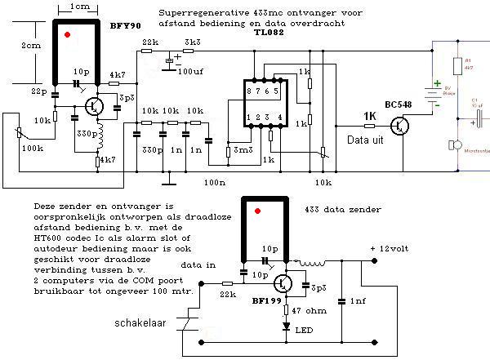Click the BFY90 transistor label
tap(124, 25)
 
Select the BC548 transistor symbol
tap(401, 126)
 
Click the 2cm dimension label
tap(31, 47)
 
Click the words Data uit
tap(366, 142)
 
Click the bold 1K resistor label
tap(369, 115)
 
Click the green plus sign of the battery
tap(438, 83)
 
